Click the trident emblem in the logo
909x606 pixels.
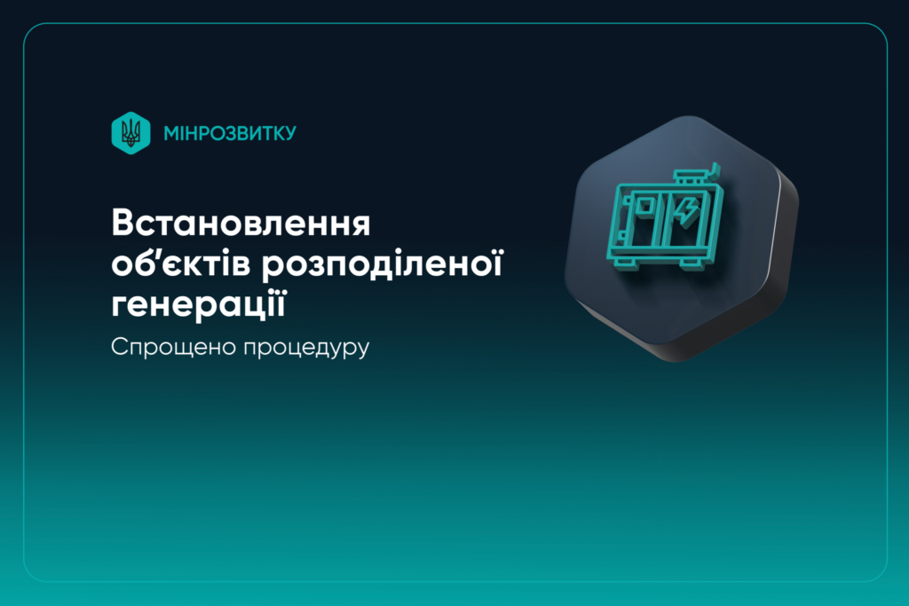[x=130, y=133]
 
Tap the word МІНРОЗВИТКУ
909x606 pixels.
[x=229, y=133]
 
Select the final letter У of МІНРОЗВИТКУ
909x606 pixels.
[x=289, y=133]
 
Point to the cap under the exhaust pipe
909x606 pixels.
[x=692, y=179]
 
